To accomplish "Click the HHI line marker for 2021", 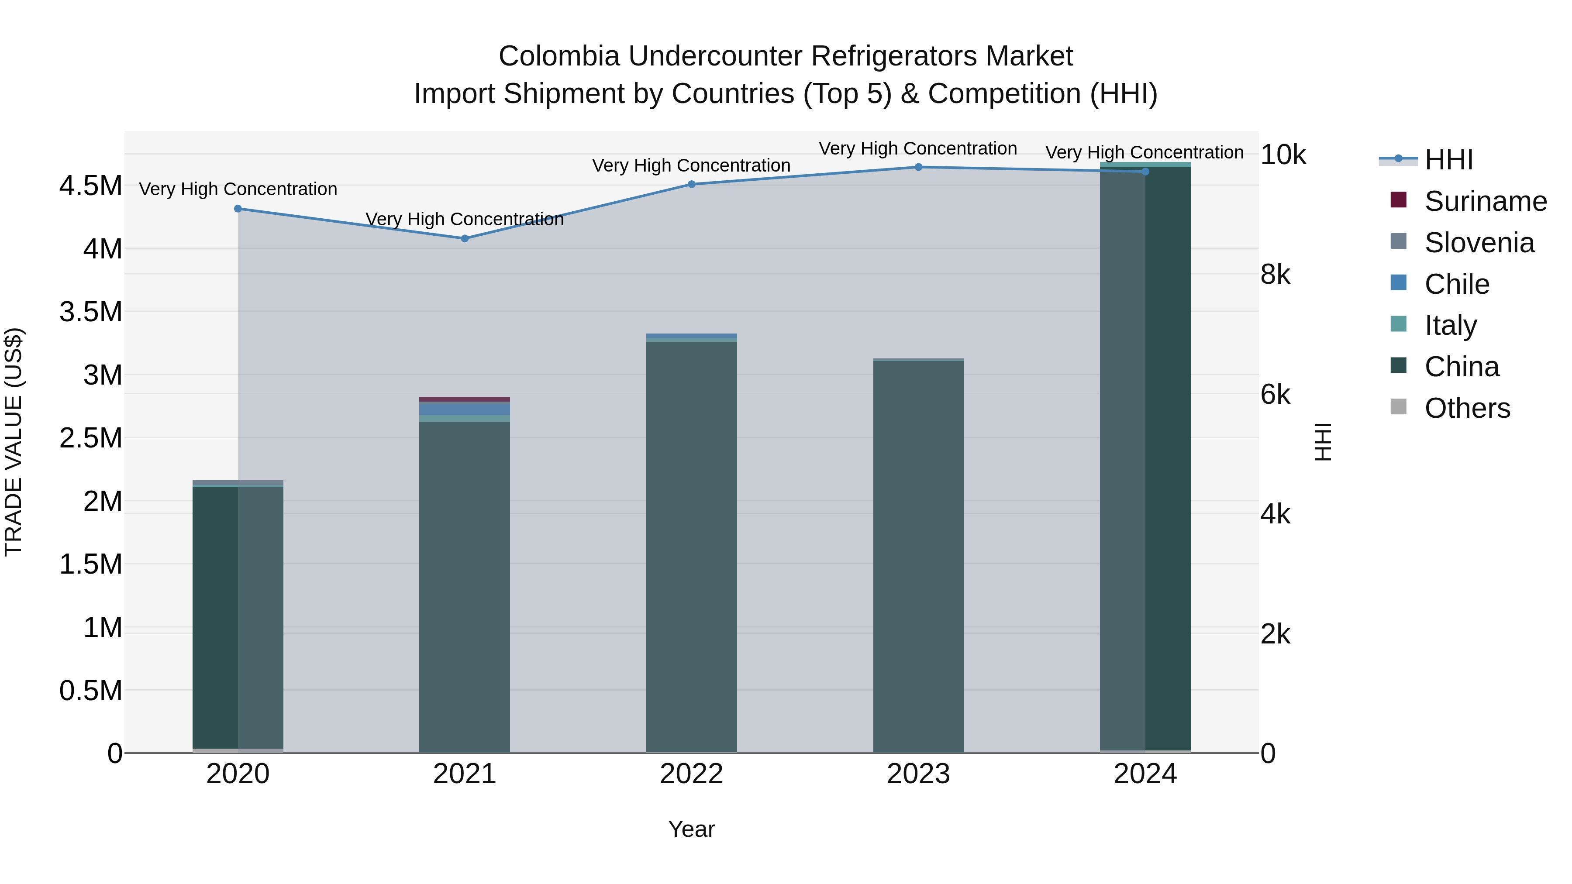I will [x=465, y=238].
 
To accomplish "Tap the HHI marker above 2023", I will [x=918, y=167].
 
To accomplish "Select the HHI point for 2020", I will [x=238, y=209].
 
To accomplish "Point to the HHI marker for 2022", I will [x=691, y=184].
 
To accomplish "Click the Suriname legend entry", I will [x=1485, y=201].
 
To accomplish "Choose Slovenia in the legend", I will [x=1479, y=243].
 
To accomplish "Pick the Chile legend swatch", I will [x=1399, y=283].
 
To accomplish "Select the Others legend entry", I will [x=1466, y=408].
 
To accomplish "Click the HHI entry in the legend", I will [x=1448, y=160].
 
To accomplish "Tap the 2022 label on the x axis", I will [x=691, y=774].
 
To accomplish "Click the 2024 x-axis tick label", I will [x=1145, y=774].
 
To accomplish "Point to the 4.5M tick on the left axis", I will [x=90, y=186].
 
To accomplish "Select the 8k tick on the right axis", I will [x=1276, y=275].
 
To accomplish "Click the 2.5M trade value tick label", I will [x=90, y=438].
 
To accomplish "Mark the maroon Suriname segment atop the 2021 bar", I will [x=465, y=399].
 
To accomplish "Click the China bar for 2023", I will [x=918, y=555].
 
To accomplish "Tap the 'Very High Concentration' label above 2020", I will [x=238, y=189].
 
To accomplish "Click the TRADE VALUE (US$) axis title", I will [x=14, y=442].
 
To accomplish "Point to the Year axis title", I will [x=691, y=829].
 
